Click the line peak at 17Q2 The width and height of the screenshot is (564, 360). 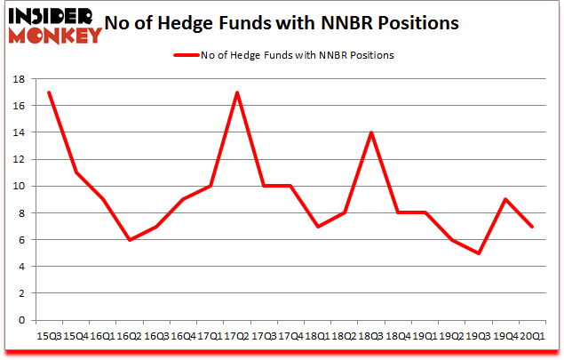click(x=237, y=92)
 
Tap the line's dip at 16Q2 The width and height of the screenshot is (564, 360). click(x=129, y=240)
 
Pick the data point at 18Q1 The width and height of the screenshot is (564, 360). click(x=318, y=227)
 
